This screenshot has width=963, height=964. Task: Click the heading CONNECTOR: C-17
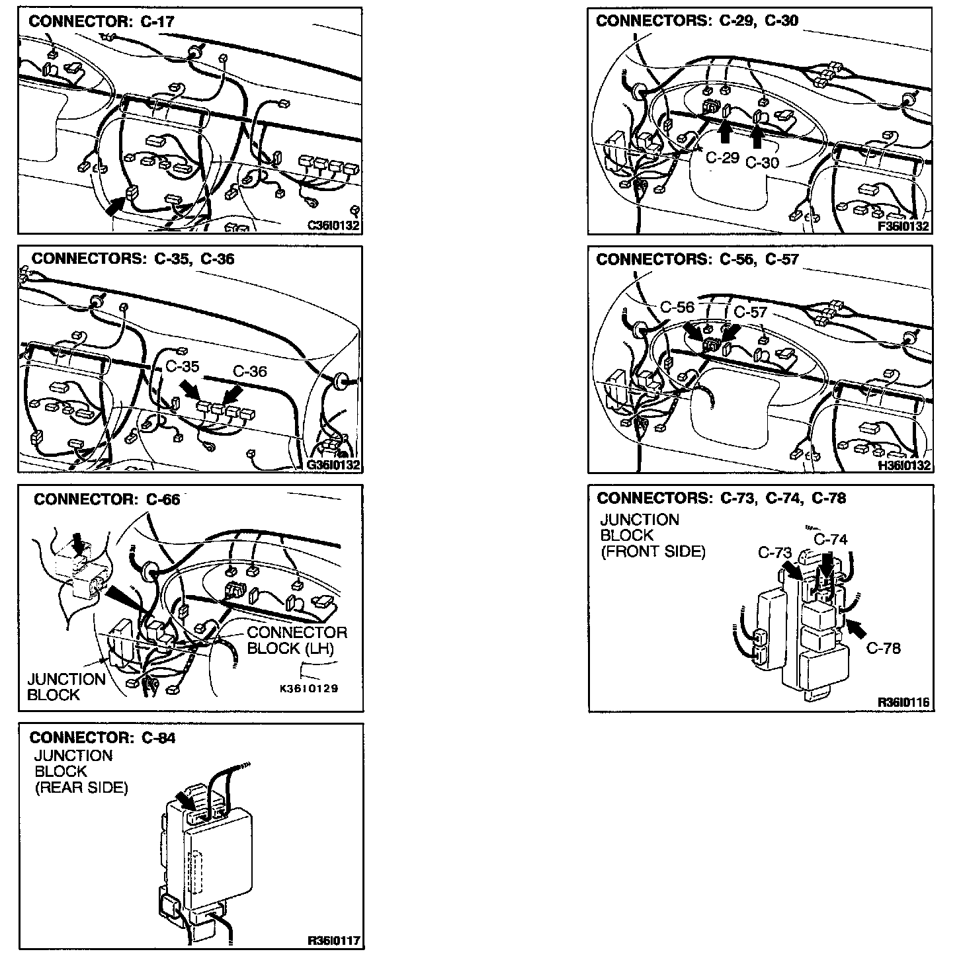102,21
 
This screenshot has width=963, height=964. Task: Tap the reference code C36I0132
334,225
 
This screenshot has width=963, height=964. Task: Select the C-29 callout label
722,157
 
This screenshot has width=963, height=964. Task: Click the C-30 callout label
762,163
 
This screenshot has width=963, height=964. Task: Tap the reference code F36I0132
903,226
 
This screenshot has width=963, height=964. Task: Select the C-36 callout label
249,372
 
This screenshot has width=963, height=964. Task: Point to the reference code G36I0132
334,465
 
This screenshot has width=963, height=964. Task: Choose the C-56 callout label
678,307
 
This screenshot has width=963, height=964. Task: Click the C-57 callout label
750,311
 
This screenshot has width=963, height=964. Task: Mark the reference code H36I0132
903,465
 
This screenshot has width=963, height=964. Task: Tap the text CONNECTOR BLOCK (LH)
296,640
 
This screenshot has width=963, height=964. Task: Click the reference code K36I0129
309,688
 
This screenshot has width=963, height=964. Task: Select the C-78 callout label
884,648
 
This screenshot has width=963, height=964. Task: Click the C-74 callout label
831,540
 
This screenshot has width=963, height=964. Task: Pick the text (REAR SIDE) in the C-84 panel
81,787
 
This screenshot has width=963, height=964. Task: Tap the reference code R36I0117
335,941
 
